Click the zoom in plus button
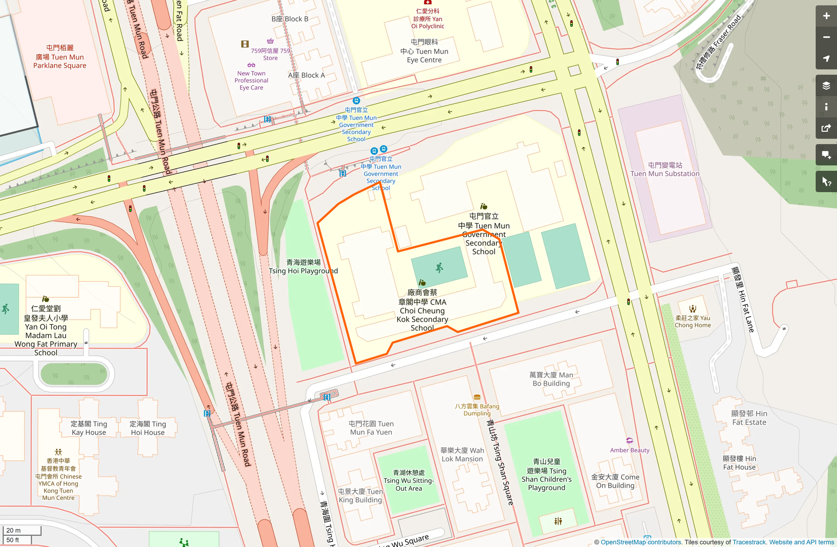tap(826, 16)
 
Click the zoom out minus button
tap(826, 37)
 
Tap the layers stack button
tap(826, 86)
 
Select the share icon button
tap(826, 129)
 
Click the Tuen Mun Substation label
tap(665, 169)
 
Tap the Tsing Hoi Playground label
tap(303, 267)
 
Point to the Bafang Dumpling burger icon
tap(477, 397)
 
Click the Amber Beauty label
tap(630, 450)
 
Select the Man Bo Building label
tap(551, 379)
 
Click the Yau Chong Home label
tap(693, 322)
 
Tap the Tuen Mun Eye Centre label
tap(424, 51)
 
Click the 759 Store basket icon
tap(270, 41)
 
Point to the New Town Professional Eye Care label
tap(251, 80)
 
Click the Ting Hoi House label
tap(147, 428)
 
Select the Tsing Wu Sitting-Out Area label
tap(409, 480)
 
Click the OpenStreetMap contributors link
tap(641, 542)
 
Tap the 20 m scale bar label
tap(14, 530)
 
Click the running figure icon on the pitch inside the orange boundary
tap(439, 268)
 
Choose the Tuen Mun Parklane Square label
tap(60, 57)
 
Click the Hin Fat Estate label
tap(749, 418)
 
